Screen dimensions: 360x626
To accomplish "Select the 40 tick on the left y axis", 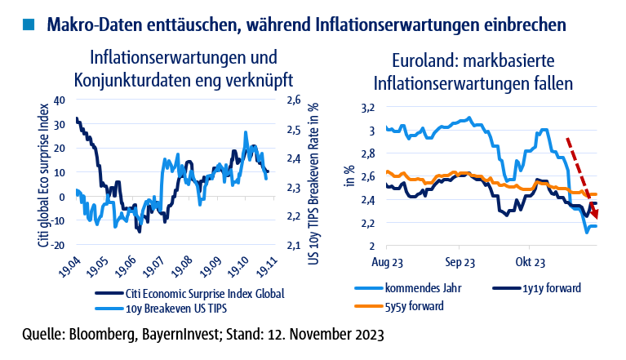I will (x=58, y=100).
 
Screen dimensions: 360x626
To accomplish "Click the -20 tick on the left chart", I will (x=56, y=245).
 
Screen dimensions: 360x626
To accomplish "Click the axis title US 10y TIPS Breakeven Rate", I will (x=313, y=172).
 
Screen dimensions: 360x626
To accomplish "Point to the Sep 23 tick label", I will (x=460, y=263).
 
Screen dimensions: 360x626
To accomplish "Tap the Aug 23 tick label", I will (x=387, y=263).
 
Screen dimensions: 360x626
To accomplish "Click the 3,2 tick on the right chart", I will (x=367, y=108).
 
